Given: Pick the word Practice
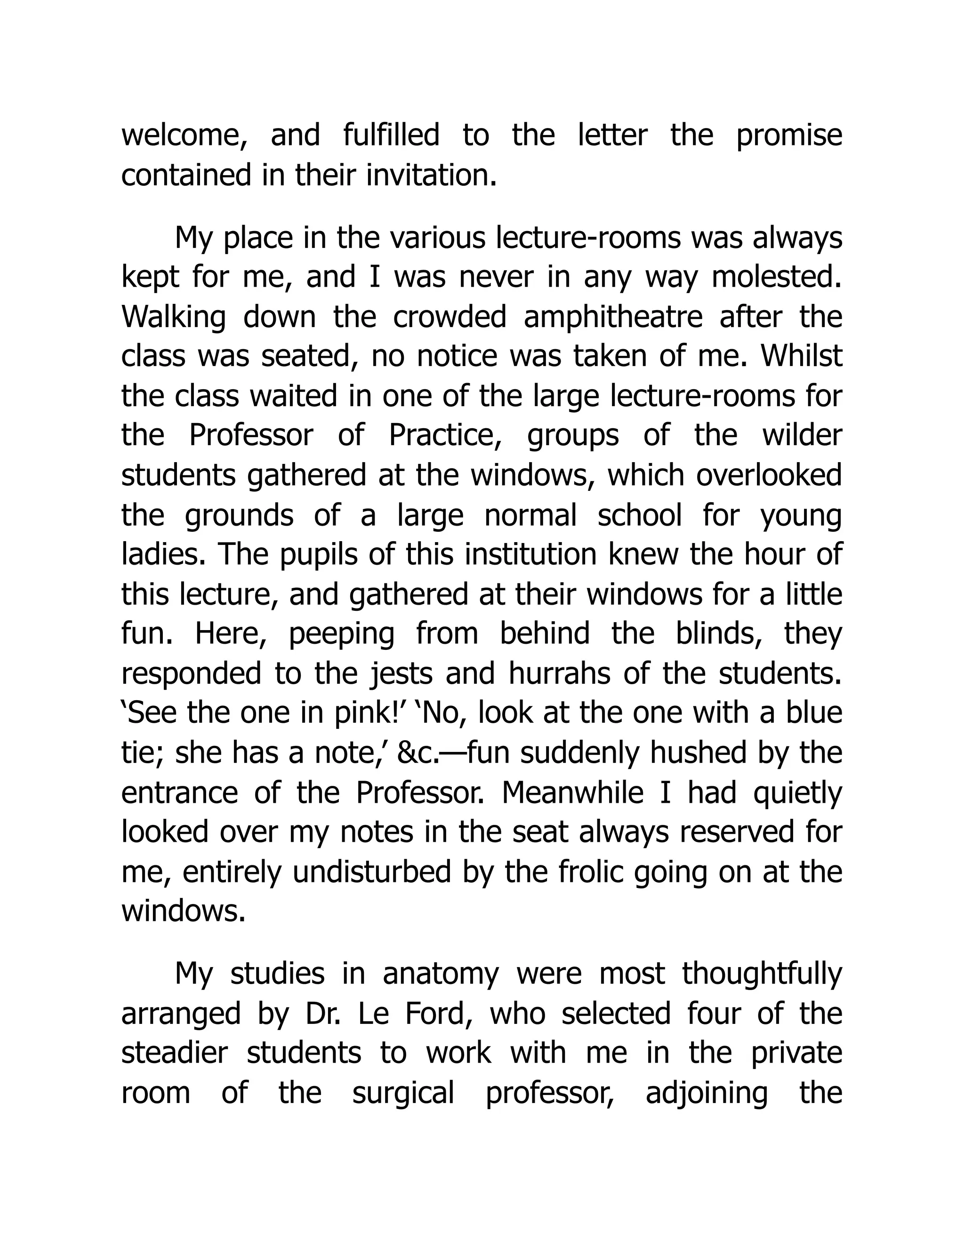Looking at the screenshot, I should click(x=445, y=436).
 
